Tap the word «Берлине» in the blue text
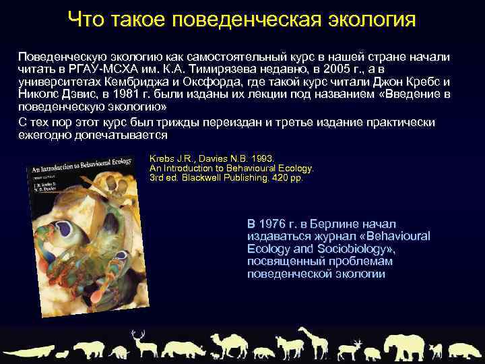tap(329, 224)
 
